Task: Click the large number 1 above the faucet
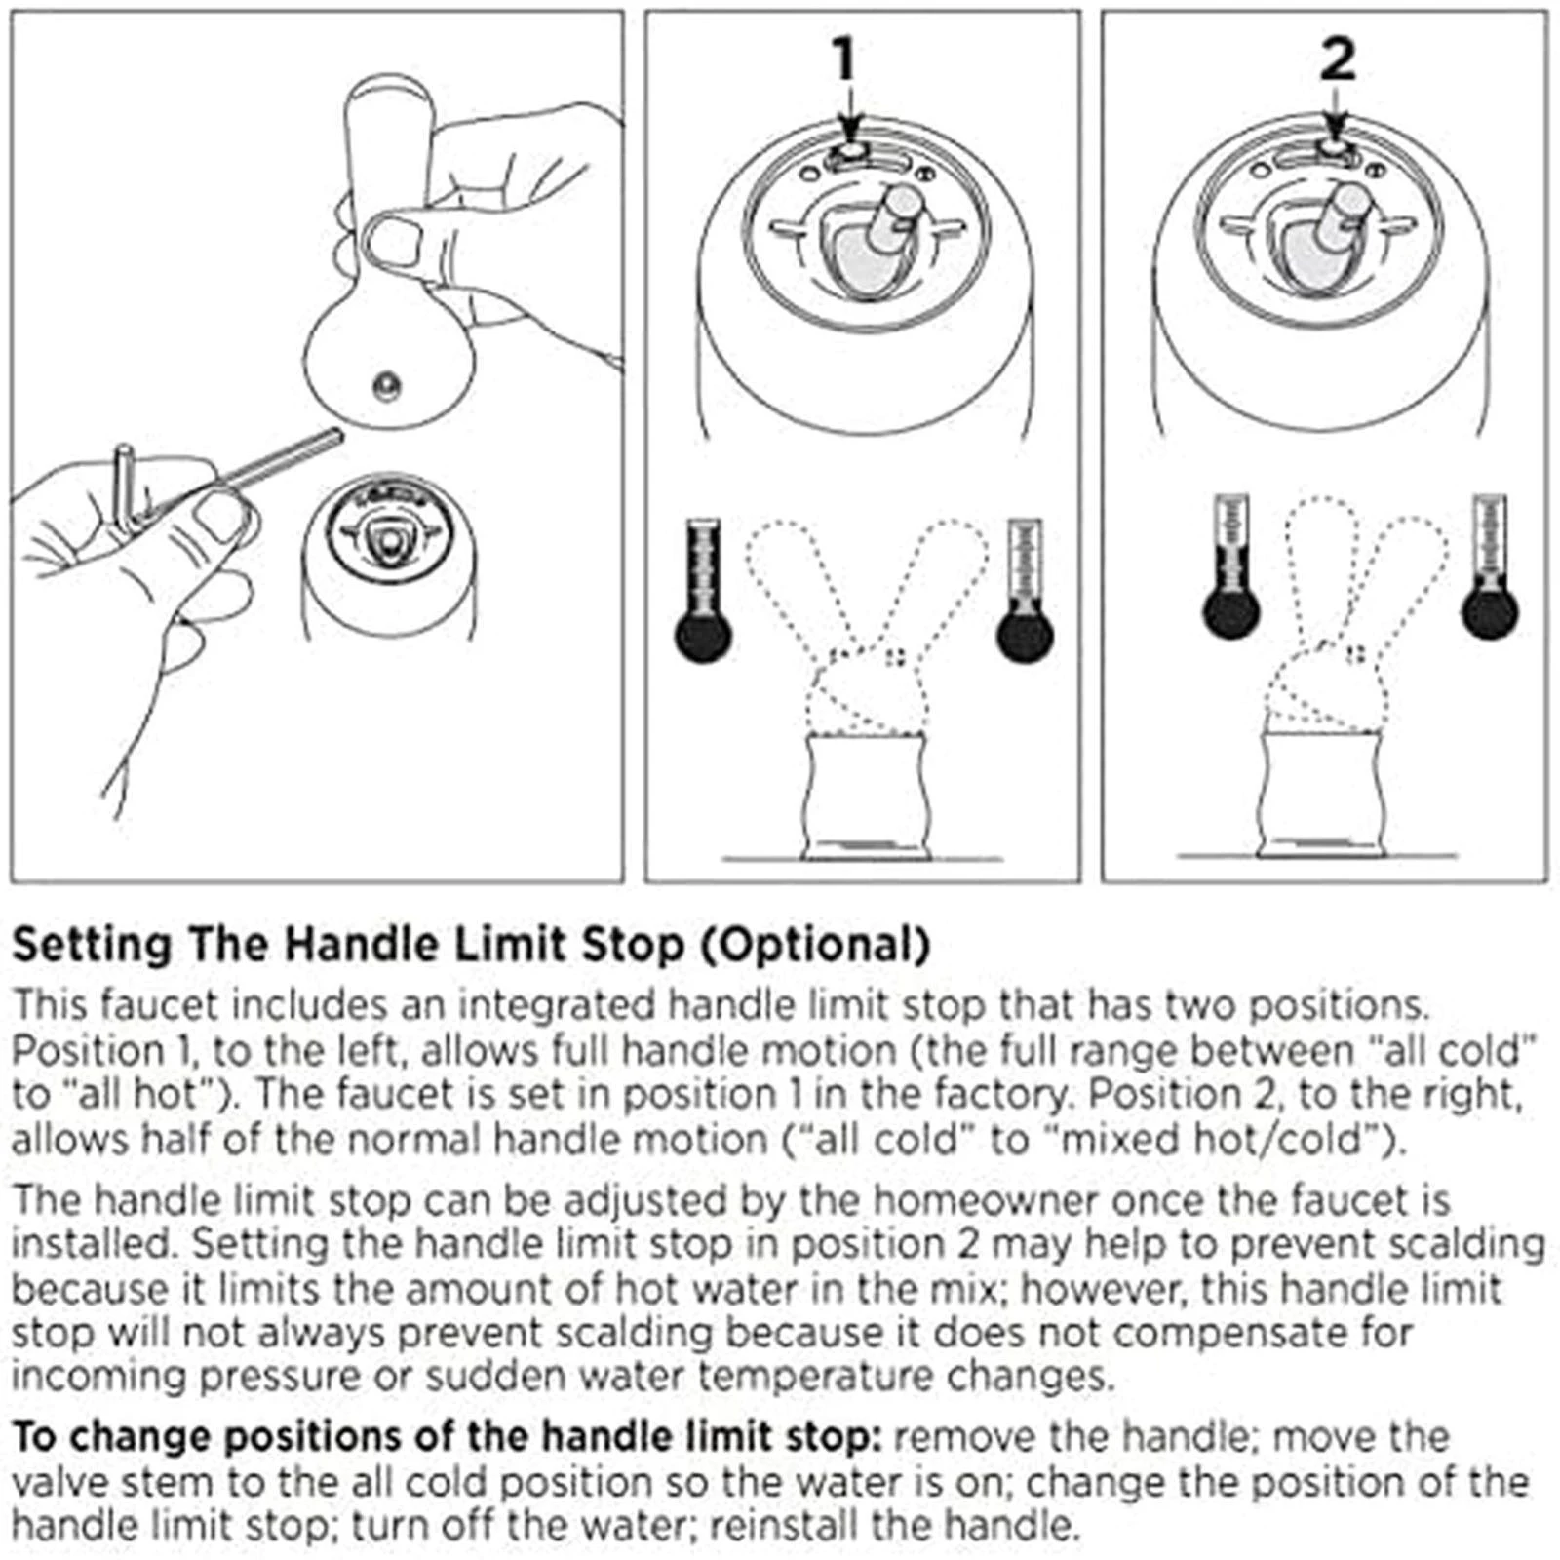[844, 60]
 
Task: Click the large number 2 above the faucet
[1337, 60]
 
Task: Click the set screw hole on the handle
[388, 386]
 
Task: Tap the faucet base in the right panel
[1322, 795]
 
